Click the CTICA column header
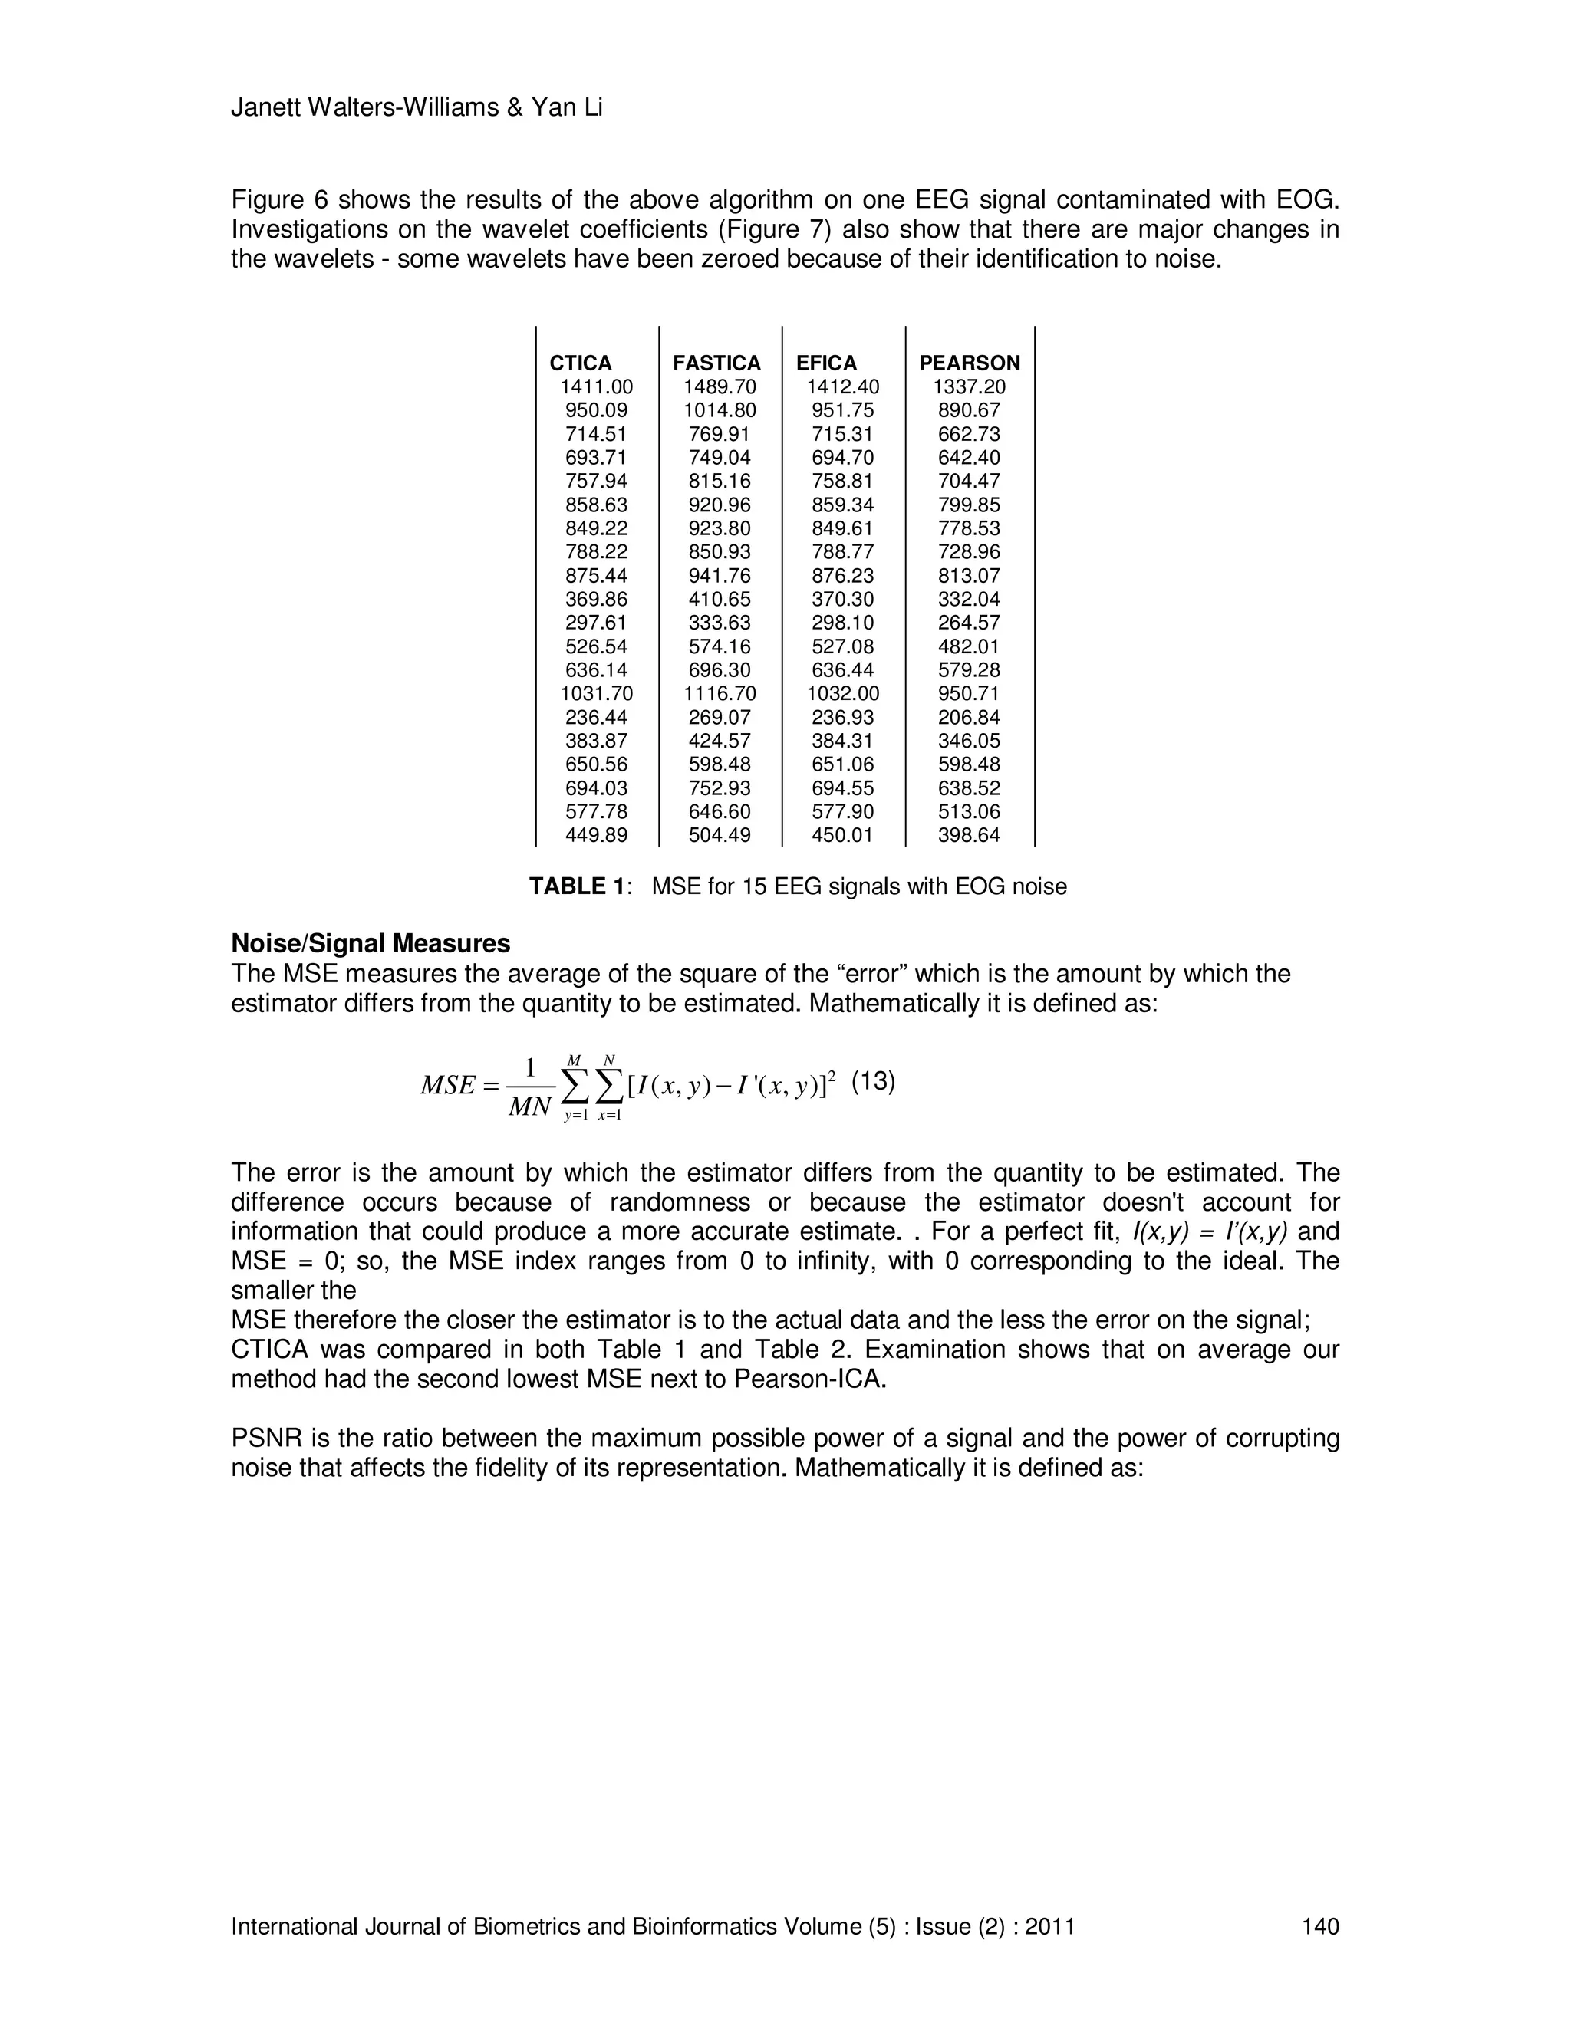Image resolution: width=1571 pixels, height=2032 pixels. coord(581,363)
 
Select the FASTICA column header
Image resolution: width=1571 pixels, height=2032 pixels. coord(716,363)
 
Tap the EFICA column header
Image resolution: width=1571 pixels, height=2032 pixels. coord(826,363)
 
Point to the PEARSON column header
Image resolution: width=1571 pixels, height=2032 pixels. coord(970,363)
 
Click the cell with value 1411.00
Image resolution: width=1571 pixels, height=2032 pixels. coord(597,387)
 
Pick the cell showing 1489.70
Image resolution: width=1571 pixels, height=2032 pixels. coord(720,387)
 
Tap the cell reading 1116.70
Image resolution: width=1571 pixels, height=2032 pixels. coord(720,694)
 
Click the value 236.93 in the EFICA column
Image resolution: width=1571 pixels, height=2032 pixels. coord(842,718)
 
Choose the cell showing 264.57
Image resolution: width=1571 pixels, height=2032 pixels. coord(969,623)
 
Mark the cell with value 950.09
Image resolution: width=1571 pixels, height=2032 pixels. coord(597,410)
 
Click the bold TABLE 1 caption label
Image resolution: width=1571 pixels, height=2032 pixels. coord(578,886)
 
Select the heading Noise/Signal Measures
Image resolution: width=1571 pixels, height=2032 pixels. coord(371,943)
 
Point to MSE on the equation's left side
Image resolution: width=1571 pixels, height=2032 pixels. coord(449,1086)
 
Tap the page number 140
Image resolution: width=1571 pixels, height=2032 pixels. coord(1319,1926)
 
